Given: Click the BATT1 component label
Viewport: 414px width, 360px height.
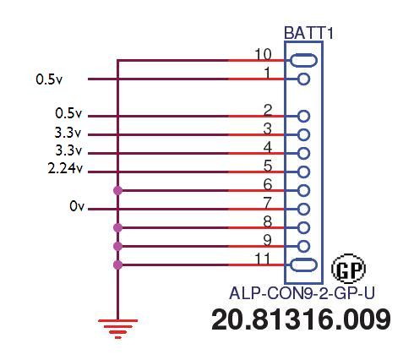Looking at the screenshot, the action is click(308, 33).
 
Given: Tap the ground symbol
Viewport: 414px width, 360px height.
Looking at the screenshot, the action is click(118, 329).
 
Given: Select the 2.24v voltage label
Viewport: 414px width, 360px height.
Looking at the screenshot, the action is click(65, 169).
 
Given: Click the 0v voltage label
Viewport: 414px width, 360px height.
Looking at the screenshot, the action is click(77, 206).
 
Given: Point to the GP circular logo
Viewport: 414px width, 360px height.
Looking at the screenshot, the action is click(349, 269).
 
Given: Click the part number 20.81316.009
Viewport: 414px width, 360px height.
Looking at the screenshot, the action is click(301, 319).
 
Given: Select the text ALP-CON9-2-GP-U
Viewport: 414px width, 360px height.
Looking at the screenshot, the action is click(302, 293).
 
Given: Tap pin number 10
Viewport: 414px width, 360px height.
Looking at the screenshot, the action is click(263, 54).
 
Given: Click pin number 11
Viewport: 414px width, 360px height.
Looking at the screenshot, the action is click(263, 259).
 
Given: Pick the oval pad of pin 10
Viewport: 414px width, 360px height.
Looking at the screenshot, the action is click(303, 60).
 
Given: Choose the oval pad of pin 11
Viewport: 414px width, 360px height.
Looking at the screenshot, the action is click(303, 265).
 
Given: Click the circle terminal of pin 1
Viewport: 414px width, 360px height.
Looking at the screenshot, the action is click(303, 79).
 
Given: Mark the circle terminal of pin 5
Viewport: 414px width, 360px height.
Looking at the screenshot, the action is click(303, 172).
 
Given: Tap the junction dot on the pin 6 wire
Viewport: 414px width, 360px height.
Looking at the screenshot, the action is click(118, 191).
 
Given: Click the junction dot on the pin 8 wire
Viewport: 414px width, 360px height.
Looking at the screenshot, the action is click(118, 227).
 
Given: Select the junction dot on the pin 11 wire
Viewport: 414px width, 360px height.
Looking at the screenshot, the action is click(118, 265).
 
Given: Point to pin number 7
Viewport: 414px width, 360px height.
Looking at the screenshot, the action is click(268, 203).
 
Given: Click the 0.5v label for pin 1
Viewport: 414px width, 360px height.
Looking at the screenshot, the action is click(49, 79).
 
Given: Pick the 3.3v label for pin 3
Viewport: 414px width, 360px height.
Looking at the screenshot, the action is click(68, 133).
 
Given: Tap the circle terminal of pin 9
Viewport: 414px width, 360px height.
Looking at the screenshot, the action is click(303, 247).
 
